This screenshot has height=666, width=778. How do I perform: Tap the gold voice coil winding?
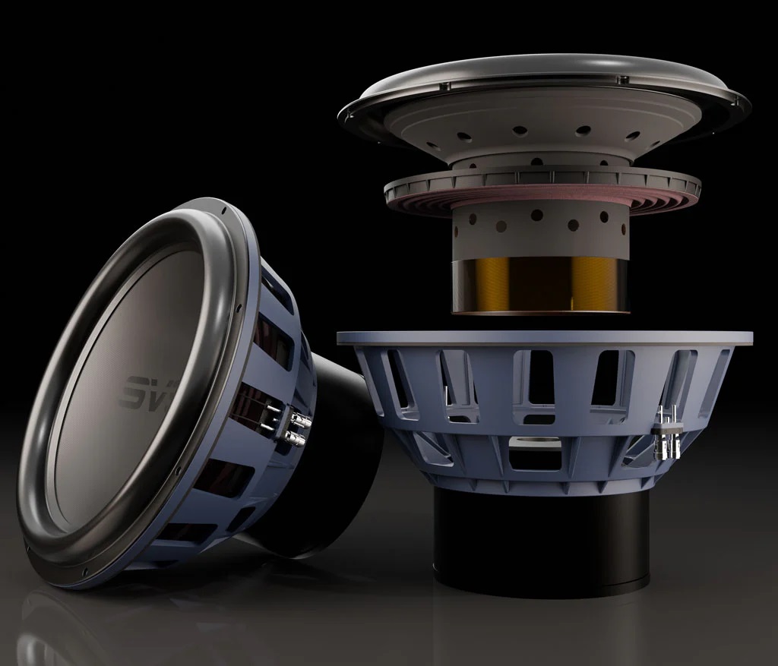(540, 282)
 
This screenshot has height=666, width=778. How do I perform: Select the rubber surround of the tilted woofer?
(57, 425)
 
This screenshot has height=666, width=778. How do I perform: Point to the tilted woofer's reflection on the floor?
(114, 623)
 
